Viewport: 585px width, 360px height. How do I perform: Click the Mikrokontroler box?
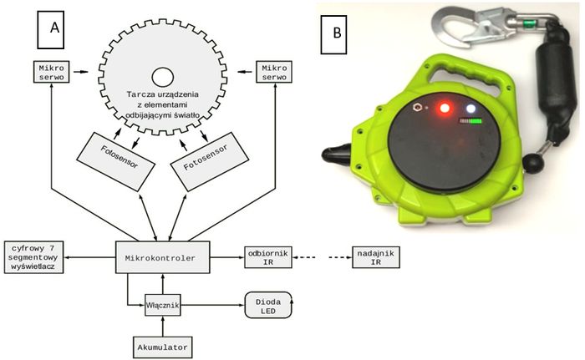[x=160, y=259]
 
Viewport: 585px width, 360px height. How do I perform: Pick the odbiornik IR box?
[x=268, y=258]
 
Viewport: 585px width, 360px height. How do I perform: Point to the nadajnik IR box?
[x=372, y=258]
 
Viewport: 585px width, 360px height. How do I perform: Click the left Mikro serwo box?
[x=51, y=72]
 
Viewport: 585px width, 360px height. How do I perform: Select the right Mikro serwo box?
[x=276, y=72]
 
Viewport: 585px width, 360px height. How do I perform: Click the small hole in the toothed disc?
[x=161, y=78]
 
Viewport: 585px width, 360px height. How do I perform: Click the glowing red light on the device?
[x=443, y=107]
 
